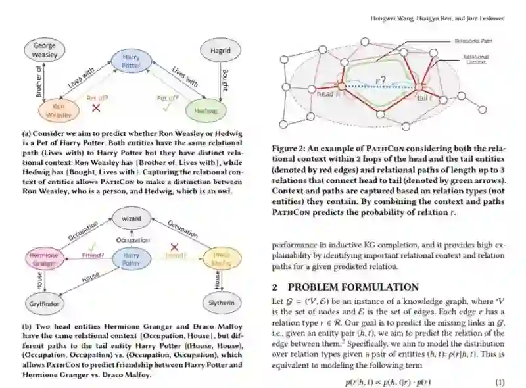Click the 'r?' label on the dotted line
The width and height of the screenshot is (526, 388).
coord(381,82)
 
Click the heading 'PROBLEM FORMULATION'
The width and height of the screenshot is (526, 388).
coord(353,287)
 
